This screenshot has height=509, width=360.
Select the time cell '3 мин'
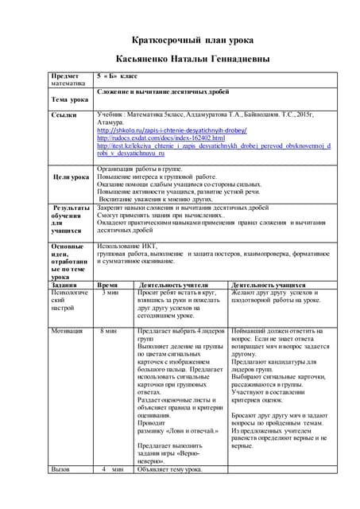click(x=111, y=293)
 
